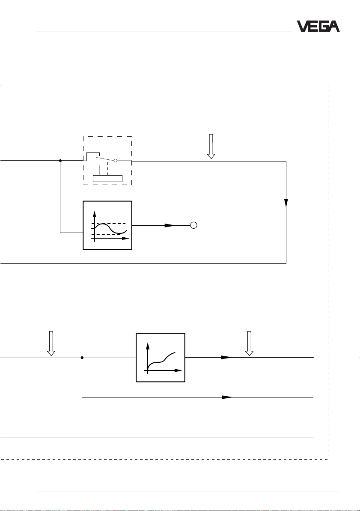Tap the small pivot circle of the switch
tap(116, 160)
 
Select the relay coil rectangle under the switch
tap(107, 178)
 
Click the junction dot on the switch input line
tap(60, 161)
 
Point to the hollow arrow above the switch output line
tap(210, 146)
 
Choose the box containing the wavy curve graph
tap(107, 225)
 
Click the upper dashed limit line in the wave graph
tap(110, 224)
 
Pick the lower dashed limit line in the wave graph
tap(110, 234)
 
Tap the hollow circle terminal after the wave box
tap(193, 225)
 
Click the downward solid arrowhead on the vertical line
tap(286, 202)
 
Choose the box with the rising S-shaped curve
tap(161, 357)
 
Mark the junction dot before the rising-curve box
tap(82, 357)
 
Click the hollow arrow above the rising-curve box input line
tap(51, 343)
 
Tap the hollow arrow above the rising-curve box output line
tap(249, 343)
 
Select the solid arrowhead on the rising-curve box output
tap(226, 357)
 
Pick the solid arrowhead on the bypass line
tap(226, 397)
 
